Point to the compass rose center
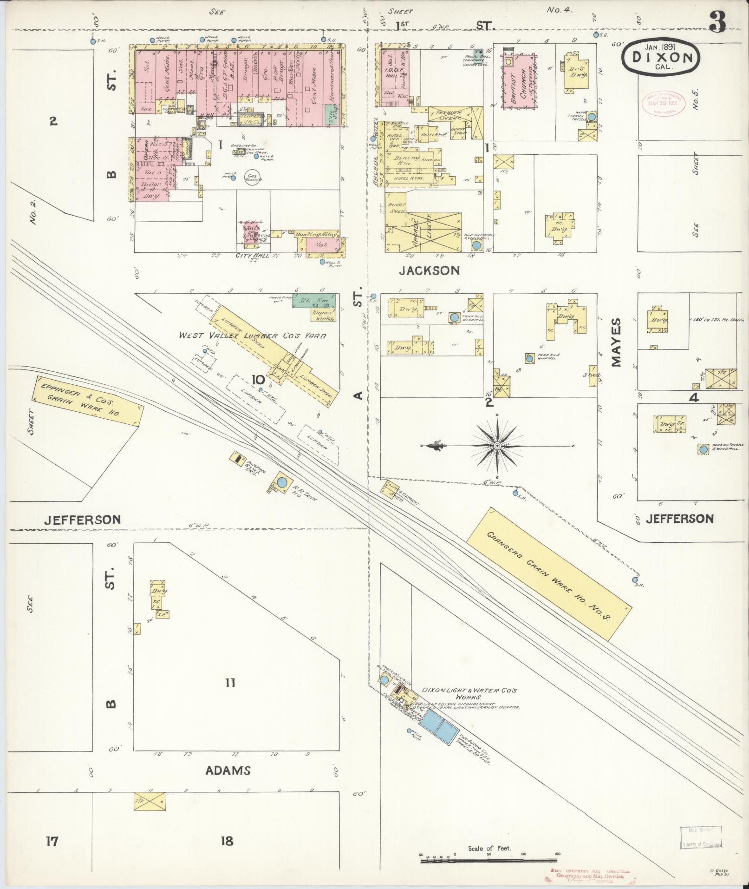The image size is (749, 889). [497, 446]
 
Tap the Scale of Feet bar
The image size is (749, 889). [489, 860]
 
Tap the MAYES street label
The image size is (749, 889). [617, 342]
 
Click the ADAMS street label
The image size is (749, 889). [228, 770]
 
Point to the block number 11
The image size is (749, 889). [230, 683]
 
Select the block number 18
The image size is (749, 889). [227, 841]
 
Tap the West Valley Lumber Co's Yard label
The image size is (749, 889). [253, 336]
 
